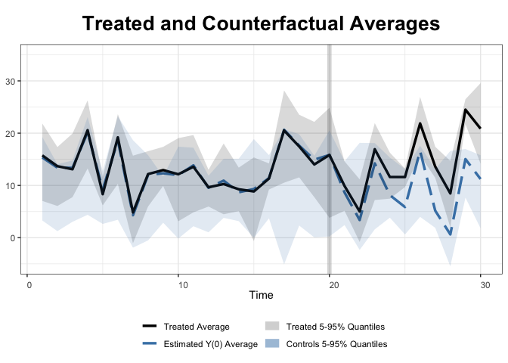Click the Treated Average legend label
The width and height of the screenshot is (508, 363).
[x=197, y=327]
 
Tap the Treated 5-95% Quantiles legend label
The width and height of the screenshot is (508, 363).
[x=336, y=327]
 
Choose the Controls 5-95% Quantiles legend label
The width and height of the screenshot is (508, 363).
[x=336, y=344]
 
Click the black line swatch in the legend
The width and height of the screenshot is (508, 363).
[x=150, y=327]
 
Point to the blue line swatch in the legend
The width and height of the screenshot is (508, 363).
[x=150, y=344]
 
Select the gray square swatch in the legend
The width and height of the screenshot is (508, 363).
[x=272, y=327]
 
